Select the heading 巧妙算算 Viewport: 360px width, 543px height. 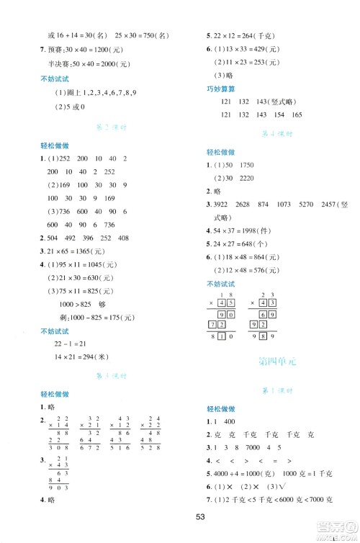(x=220, y=90)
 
